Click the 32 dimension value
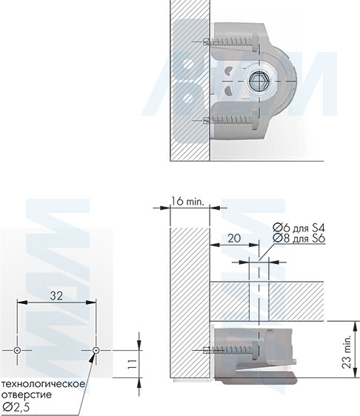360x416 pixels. (x=56, y=295)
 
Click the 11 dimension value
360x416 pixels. (x=132, y=364)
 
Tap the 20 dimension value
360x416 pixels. (x=234, y=238)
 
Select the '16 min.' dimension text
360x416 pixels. (x=187, y=202)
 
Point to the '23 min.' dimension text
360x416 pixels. (x=346, y=351)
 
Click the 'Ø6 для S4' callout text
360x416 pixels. (x=299, y=228)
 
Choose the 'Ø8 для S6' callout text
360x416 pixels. (x=299, y=238)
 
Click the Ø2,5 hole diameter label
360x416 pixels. (x=16, y=406)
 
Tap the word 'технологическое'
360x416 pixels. (x=43, y=384)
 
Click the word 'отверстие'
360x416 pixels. (x=27, y=394)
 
